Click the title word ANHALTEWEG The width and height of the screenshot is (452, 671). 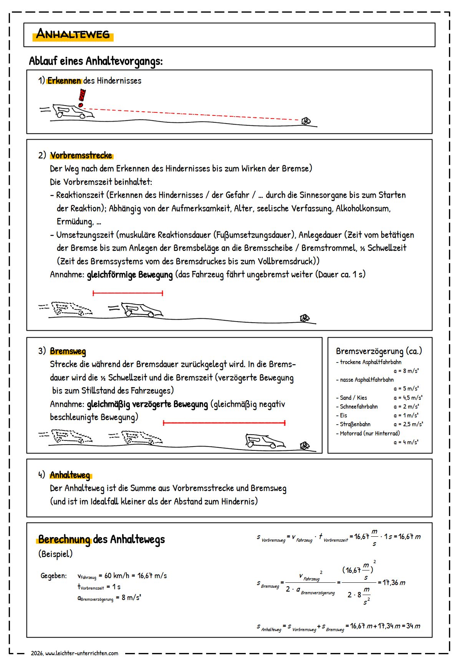pyautogui.click(x=73, y=34)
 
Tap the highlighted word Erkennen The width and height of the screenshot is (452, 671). pyautogui.click(x=64, y=81)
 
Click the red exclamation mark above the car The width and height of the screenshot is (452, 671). pyautogui.click(x=81, y=98)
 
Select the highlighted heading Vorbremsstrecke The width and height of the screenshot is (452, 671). pyautogui.click(x=81, y=156)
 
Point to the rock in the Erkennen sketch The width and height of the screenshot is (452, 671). pyautogui.click(x=306, y=121)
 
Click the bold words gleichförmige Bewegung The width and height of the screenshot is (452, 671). pyautogui.click(x=130, y=275)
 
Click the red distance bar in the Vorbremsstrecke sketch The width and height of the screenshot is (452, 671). pyautogui.click(x=128, y=293)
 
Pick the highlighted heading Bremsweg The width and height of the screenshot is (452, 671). pyautogui.click(x=68, y=351)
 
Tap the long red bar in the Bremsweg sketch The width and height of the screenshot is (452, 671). pyautogui.click(x=224, y=423)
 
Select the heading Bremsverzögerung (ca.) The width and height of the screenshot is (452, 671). pyautogui.click(x=379, y=351)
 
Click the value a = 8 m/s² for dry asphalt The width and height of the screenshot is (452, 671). pyautogui.click(x=406, y=371)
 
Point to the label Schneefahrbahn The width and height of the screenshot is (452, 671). pyautogui.click(x=359, y=407)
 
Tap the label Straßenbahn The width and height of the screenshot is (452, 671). pyautogui.click(x=355, y=424)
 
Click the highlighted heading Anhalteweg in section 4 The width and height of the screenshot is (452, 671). pyautogui.click(x=70, y=475)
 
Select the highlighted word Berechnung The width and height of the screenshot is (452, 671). pyautogui.click(x=64, y=540)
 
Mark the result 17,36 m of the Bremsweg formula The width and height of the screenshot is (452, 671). pyautogui.click(x=394, y=583)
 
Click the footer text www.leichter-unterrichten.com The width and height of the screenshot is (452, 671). pyautogui.click(x=81, y=653)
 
